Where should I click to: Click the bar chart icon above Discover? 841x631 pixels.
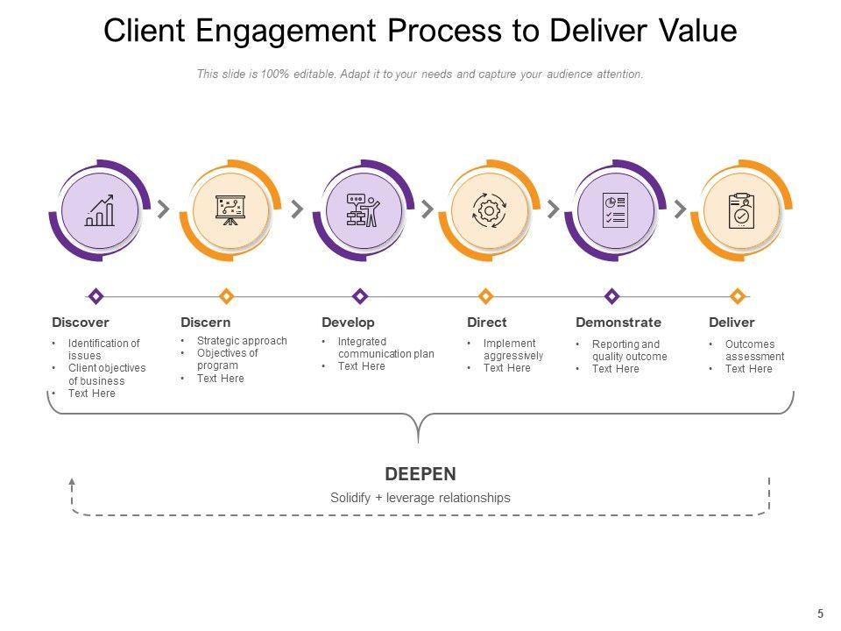tap(100, 210)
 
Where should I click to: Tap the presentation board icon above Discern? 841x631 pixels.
tap(230, 210)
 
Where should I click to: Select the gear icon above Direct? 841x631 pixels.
tap(489, 210)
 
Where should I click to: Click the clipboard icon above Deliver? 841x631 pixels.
tap(741, 211)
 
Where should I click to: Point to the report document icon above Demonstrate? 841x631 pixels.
tap(615, 210)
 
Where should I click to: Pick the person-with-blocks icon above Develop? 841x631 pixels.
tap(363, 210)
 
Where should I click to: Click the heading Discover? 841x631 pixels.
tap(81, 323)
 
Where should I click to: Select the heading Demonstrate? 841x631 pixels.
tap(618, 323)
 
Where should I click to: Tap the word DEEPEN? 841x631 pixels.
tap(420, 474)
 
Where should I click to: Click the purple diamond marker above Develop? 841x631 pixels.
tap(360, 296)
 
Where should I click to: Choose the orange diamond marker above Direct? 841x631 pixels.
tap(486, 296)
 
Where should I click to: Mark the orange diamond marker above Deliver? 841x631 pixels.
tap(738, 296)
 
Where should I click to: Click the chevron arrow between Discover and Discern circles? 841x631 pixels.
tap(164, 209)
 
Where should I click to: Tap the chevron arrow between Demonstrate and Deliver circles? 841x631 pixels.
tap(680, 209)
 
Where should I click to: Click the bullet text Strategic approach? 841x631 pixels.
tap(242, 341)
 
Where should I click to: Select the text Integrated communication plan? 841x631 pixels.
tap(385, 348)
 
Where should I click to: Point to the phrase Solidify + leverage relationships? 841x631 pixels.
tap(420, 498)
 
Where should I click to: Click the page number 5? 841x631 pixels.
tap(820, 613)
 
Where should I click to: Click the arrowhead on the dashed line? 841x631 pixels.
tap(72, 482)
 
